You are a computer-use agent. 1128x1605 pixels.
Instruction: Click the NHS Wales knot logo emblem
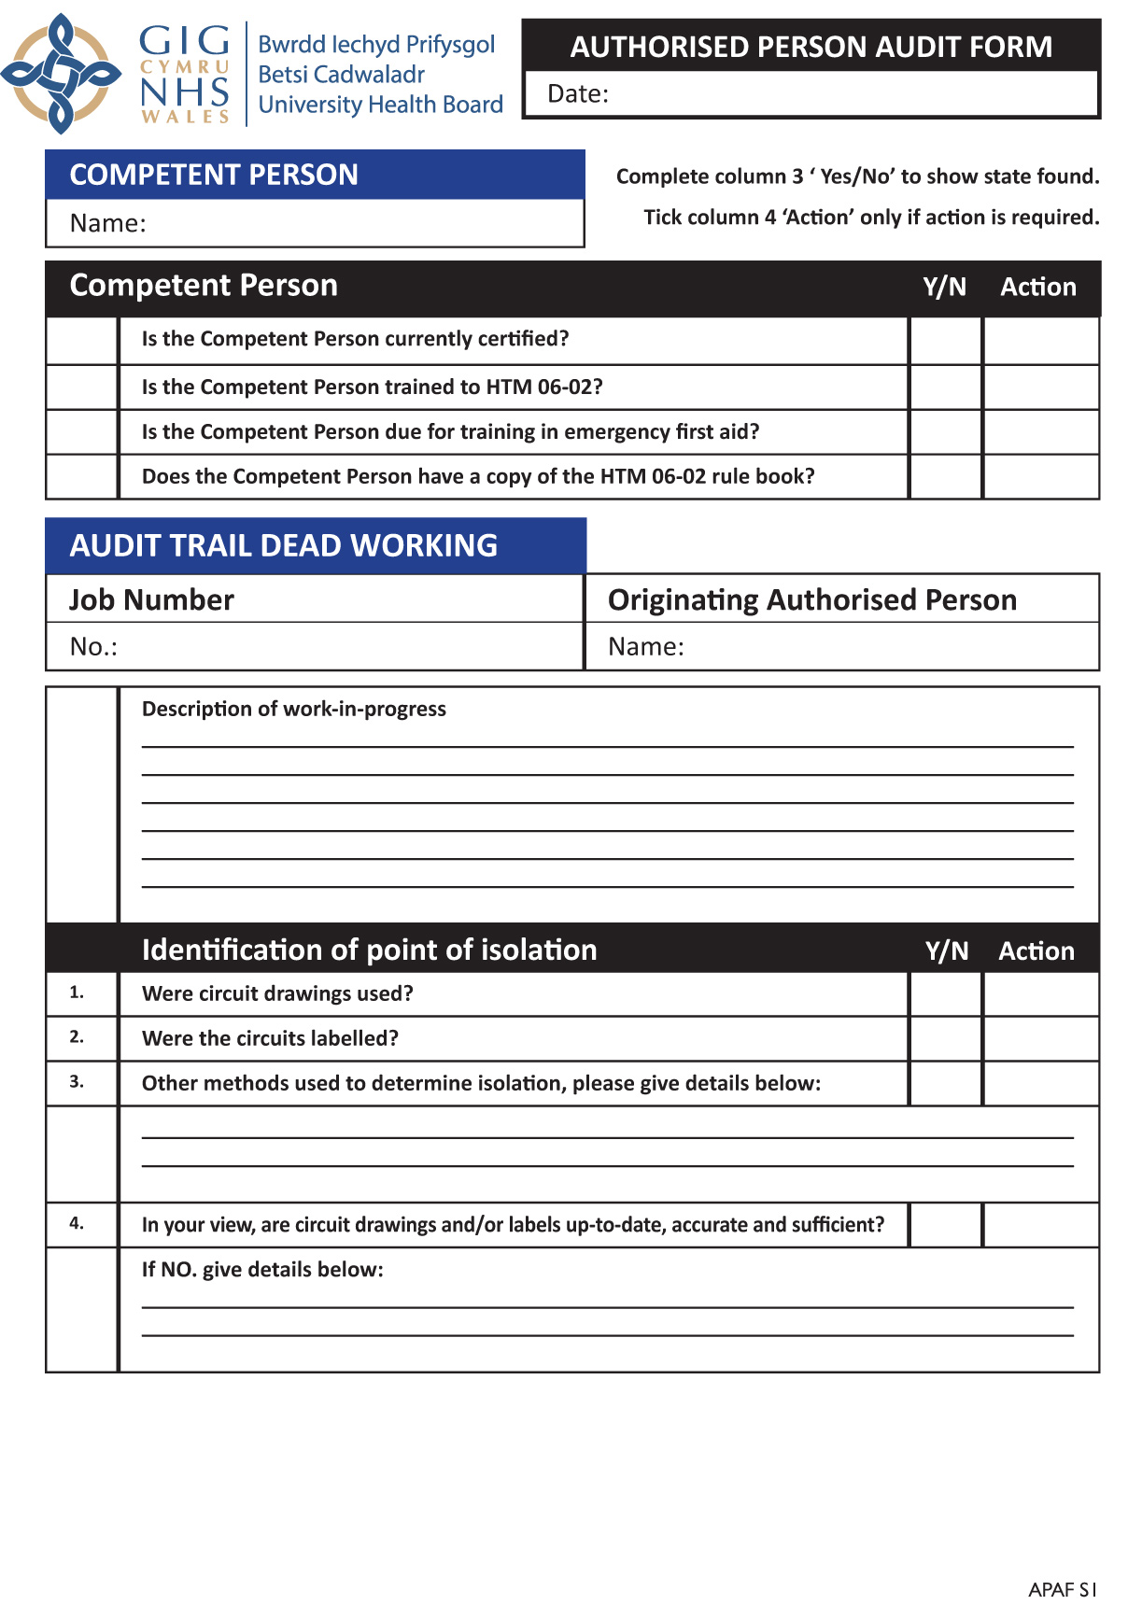pyautogui.click(x=61, y=73)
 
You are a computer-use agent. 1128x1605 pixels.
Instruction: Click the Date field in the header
pyautogui.click(x=840, y=93)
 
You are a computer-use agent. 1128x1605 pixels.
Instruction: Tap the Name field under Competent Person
pyautogui.click(x=355, y=223)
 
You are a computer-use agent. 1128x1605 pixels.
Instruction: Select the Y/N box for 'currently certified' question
pyautogui.click(x=945, y=340)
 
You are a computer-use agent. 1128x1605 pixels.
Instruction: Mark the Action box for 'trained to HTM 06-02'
pyautogui.click(x=1040, y=387)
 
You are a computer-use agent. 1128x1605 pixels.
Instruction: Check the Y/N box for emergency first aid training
pyautogui.click(x=945, y=431)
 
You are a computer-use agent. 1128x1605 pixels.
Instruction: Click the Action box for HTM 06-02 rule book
pyautogui.click(x=1040, y=476)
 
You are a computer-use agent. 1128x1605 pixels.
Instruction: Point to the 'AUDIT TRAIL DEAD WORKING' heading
pyautogui.click(x=284, y=545)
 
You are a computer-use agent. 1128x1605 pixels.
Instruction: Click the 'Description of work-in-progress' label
pyautogui.click(x=294, y=709)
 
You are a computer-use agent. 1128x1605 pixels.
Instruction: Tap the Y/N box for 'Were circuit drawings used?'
pyautogui.click(x=945, y=993)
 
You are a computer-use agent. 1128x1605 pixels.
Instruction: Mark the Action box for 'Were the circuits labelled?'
pyautogui.click(x=1040, y=1038)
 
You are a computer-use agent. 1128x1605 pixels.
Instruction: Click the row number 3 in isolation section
pyautogui.click(x=77, y=1081)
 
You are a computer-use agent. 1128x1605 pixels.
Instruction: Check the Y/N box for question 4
pyautogui.click(x=945, y=1224)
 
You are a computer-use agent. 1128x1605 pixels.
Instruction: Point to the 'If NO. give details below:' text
pyautogui.click(x=262, y=1269)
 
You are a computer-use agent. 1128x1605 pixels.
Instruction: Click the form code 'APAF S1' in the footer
pyautogui.click(x=1062, y=1589)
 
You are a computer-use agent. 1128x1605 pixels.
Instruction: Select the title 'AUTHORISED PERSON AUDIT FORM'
pyautogui.click(x=811, y=47)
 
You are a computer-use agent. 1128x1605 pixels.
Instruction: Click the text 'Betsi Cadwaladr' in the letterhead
pyautogui.click(x=341, y=74)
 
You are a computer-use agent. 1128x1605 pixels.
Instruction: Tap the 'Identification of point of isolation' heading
pyautogui.click(x=369, y=950)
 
